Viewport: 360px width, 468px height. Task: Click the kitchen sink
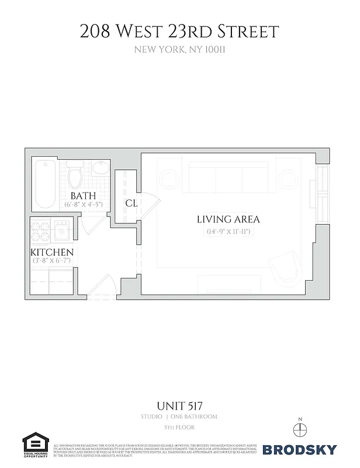click(62, 232)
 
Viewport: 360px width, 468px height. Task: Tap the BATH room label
click(83, 195)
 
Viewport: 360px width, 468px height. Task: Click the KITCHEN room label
click(52, 252)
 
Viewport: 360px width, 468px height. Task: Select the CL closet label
click(131, 203)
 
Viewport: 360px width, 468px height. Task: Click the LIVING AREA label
click(228, 220)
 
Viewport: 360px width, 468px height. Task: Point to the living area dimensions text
click(228, 232)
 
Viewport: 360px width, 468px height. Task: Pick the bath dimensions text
click(83, 205)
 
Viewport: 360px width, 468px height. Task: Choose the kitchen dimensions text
click(52, 261)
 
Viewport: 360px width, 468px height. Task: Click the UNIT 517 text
click(179, 405)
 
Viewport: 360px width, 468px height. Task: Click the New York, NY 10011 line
click(179, 50)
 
